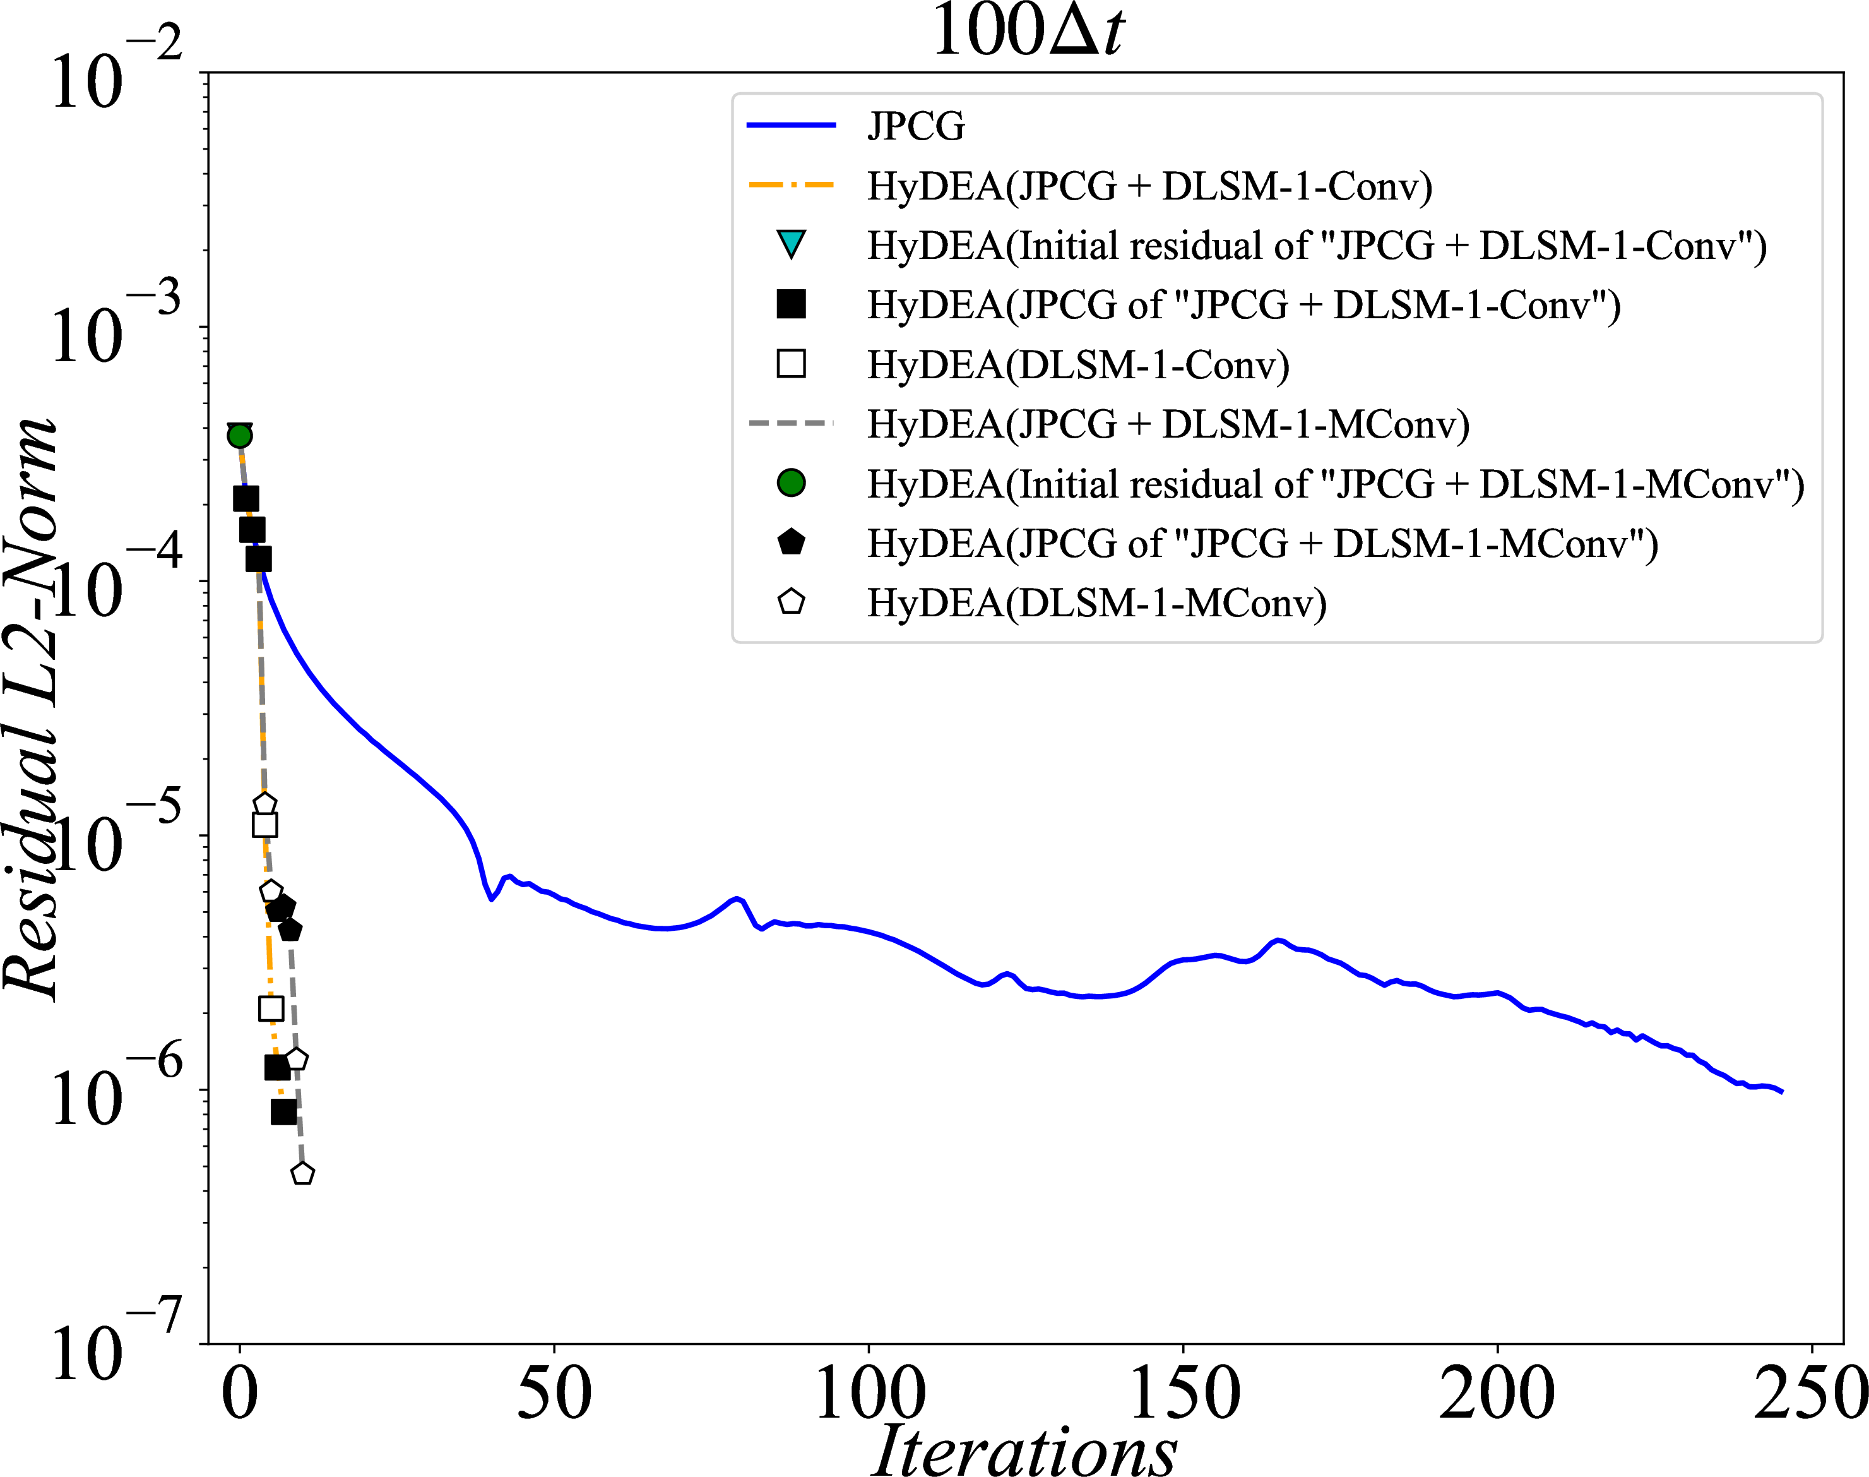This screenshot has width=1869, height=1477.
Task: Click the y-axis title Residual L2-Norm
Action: click(31, 709)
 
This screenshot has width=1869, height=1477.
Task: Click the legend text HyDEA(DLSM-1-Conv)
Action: click(1078, 364)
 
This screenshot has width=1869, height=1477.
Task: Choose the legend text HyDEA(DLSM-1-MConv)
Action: click(1097, 602)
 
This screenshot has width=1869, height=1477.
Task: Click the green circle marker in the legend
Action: click(791, 482)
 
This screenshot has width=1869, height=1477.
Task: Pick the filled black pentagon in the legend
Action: click(791, 542)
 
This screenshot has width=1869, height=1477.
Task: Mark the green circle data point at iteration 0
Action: click(239, 435)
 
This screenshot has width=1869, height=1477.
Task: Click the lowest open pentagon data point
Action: click(302, 1173)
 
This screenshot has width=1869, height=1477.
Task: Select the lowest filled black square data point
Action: click(283, 1112)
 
